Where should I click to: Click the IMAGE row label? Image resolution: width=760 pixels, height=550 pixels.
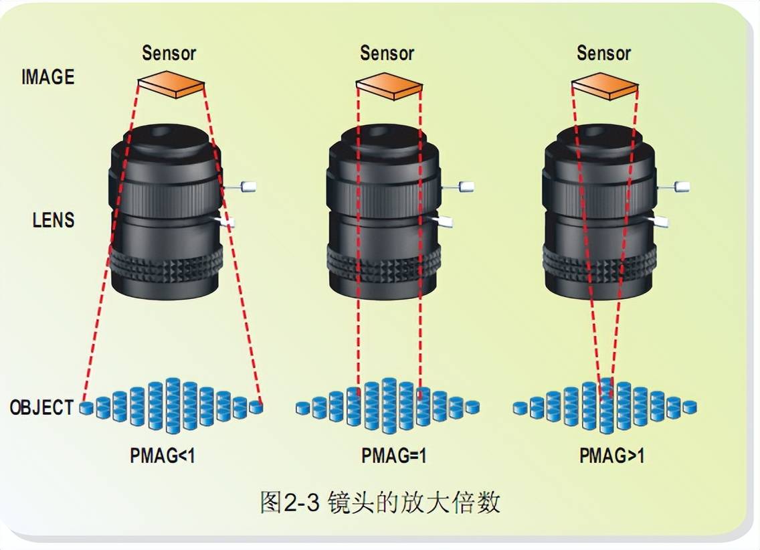(47, 77)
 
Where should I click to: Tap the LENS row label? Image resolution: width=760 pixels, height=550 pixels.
(54, 220)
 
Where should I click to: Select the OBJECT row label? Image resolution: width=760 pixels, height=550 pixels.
(41, 407)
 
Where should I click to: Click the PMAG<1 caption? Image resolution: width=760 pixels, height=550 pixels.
(163, 456)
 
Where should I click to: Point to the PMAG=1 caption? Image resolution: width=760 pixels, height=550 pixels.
(394, 456)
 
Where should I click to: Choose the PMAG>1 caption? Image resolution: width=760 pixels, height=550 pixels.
(611, 456)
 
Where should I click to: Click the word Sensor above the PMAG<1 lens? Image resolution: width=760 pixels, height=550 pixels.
(169, 54)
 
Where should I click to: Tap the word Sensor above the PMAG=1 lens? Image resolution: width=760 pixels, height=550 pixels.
(387, 54)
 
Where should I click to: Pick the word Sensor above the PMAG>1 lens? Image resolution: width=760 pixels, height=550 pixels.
(604, 54)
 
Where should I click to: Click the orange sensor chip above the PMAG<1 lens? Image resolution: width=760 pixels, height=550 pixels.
(171, 84)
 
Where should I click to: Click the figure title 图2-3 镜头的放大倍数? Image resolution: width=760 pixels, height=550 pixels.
(379, 502)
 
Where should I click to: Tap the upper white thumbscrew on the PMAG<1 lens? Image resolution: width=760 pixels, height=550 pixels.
(248, 187)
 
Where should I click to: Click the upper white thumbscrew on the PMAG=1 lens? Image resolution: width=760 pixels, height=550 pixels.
(466, 187)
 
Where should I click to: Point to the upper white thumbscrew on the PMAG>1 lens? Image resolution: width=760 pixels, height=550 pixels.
(682, 187)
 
